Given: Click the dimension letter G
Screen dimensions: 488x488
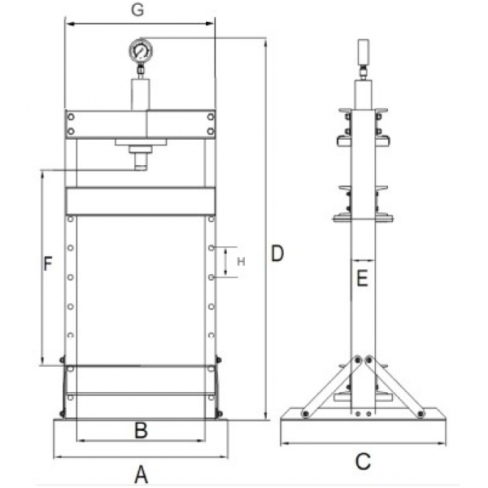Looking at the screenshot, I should coord(139,11).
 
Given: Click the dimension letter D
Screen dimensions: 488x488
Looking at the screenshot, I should coord(277,254).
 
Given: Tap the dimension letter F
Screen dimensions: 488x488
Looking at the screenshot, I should coord(48,264).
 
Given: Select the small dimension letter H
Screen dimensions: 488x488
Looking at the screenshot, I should coord(241,262).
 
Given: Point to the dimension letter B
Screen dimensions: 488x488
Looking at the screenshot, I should coord(140,430).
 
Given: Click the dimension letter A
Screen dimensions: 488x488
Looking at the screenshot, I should coord(140,472).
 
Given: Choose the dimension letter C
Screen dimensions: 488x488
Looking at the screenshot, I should coord(363,461).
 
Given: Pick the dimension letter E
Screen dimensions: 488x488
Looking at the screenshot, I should coord(363,279).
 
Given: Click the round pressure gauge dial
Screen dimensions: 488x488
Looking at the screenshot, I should coord(140,52).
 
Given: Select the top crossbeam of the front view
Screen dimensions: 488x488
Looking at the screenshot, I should coord(140,124).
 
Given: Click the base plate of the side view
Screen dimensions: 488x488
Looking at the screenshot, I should coord(363,426).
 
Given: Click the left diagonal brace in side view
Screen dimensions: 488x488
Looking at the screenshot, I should coord(329,386).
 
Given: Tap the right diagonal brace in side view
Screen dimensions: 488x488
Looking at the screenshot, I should coord(396,386).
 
